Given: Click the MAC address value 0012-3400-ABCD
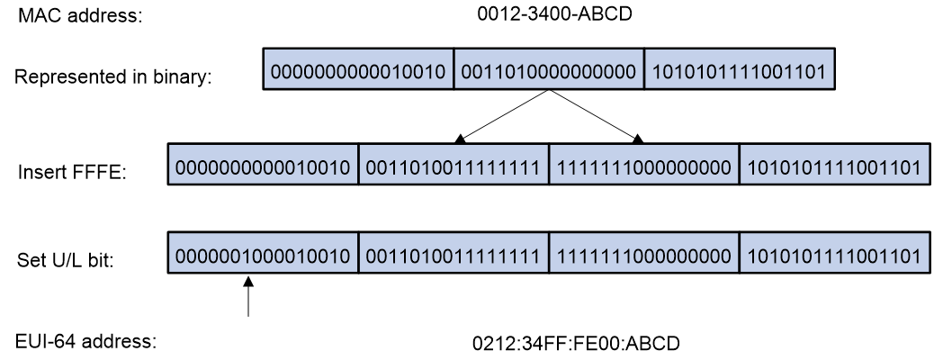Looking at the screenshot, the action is [554, 14].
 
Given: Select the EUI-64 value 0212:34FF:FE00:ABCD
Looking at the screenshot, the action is [576, 344].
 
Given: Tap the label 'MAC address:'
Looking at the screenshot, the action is [81, 15].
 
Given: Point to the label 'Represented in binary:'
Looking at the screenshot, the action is [113, 77].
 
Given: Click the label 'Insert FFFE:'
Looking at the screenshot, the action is [72, 173].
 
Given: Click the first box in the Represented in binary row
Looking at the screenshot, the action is [358, 69].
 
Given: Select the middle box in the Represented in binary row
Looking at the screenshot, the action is [549, 69].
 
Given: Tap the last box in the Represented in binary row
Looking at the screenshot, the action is [739, 69].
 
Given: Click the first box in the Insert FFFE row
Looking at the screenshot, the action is [263, 164].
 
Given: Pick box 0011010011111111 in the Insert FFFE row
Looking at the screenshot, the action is [454, 164].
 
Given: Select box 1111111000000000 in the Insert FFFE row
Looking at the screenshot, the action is [644, 164].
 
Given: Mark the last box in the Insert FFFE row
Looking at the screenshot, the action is [835, 164].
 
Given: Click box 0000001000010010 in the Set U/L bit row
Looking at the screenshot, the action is [263, 253].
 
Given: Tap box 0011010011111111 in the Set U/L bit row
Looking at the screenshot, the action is [454, 253].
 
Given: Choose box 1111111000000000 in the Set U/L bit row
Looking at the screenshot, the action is [644, 253].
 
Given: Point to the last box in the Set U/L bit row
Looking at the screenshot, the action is [835, 253].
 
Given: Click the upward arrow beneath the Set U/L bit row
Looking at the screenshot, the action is [247, 295].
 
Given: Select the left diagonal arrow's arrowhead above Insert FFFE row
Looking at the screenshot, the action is [460, 139].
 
